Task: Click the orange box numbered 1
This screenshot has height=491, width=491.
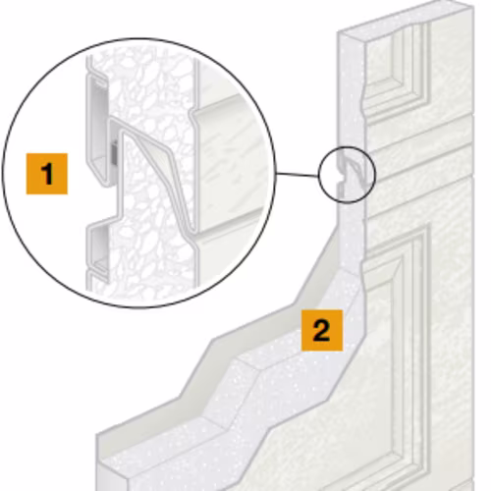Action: pyautogui.click(x=47, y=174)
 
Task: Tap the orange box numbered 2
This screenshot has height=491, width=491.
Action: pyautogui.click(x=322, y=330)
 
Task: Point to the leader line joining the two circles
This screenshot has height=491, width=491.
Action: pyautogui.click(x=298, y=175)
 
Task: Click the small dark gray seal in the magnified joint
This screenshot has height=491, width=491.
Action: pyautogui.click(x=114, y=153)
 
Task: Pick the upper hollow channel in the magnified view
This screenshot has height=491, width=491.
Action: pyautogui.click(x=97, y=130)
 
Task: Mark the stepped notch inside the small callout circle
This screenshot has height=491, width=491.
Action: pyautogui.click(x=341, y=179)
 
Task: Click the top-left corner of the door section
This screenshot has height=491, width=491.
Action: pyautogui.click(x=338, y=32)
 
